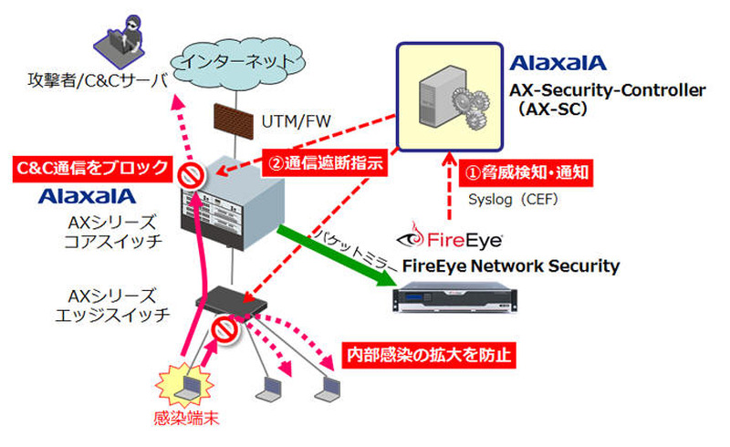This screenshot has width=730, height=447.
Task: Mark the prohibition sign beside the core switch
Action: pyautogui.click(x=190, y=171)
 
